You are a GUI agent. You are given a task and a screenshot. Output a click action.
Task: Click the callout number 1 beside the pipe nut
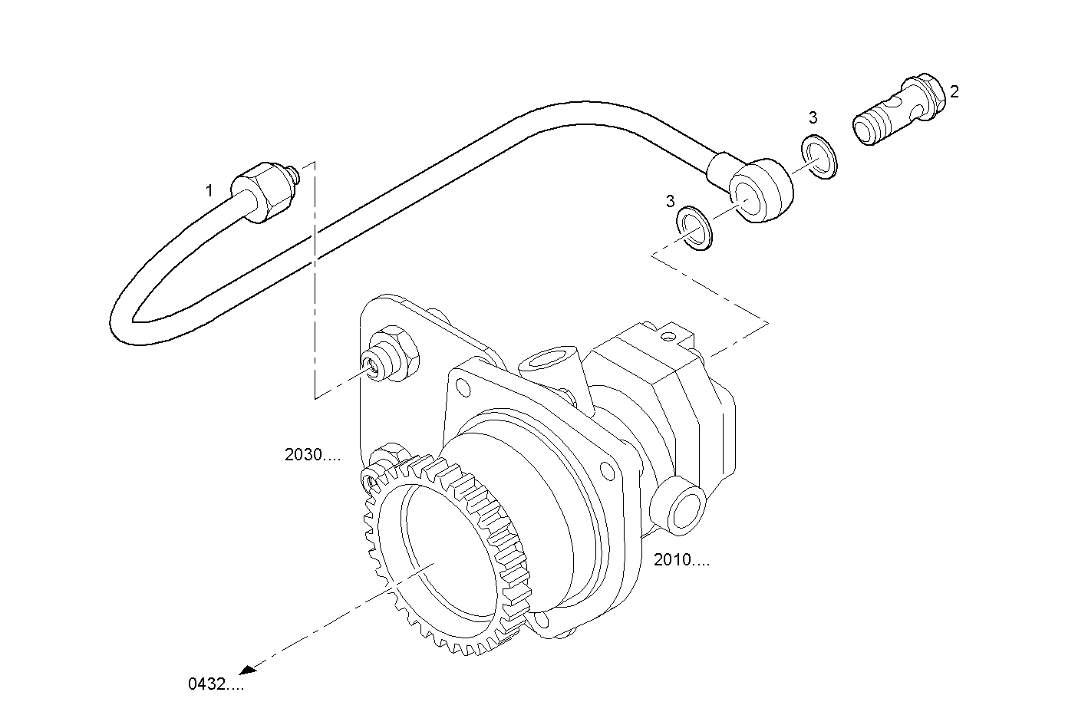(209, 191)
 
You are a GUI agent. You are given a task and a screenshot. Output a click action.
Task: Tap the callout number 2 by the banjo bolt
(954, 91)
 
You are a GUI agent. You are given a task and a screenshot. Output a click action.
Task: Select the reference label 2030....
(312, 454)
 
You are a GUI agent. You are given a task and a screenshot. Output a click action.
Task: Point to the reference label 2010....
(681, 560)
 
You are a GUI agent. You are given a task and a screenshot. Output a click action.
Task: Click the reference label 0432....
(216, 684)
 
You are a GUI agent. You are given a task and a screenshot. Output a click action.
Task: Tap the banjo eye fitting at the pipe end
(760, 189)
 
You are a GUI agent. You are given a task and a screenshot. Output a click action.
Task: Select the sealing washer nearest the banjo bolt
(820, 157)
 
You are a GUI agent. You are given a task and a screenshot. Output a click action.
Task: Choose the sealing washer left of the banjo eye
(694, 228)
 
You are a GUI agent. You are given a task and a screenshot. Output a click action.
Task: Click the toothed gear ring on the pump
(445, 552)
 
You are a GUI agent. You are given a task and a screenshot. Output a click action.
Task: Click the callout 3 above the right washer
(813, 118)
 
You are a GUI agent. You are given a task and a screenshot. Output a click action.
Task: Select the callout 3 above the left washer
(671, 201)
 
